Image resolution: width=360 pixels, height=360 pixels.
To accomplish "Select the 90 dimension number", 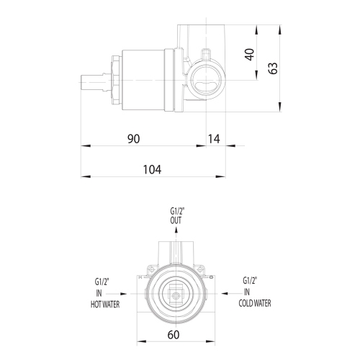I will click(x=133, y=139).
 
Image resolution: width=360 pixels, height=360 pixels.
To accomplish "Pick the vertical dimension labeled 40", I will click(x=250, y=55).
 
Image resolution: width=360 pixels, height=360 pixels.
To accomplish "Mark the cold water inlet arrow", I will click(x=224, y=293).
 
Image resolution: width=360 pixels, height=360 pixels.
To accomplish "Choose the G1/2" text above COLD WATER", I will click(x=251, y=281).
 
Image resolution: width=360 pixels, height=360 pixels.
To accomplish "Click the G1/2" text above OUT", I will click(x=177, y=211).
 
